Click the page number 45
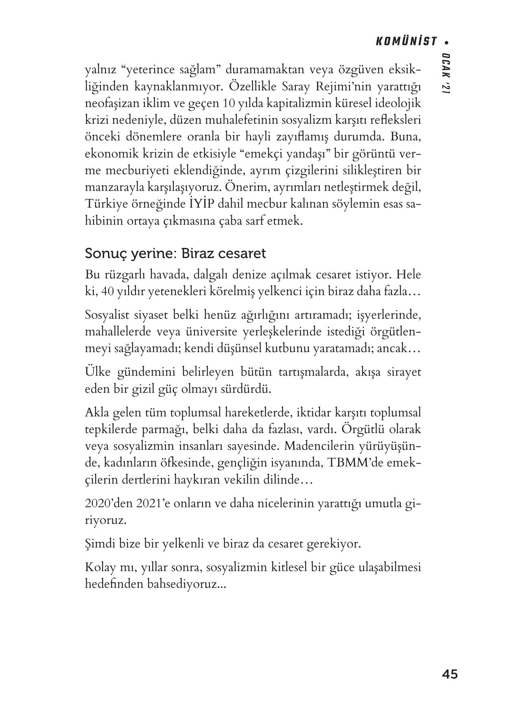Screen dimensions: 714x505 (449, 675)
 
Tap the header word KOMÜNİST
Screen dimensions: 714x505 (406, 42)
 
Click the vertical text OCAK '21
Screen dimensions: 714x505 (446, 74)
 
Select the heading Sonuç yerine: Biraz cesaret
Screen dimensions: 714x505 (175, 253)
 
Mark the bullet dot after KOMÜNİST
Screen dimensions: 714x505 (447, 42)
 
